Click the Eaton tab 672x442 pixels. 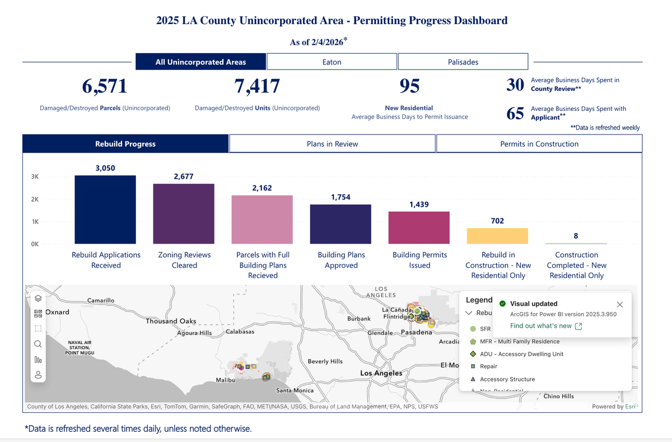[332, 62]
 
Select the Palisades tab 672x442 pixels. [463, 62]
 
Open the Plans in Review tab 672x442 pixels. [332, 144]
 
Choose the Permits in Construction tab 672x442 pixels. [539, 144]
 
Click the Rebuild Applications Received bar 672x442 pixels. [105, 210]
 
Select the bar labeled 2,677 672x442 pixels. [184, 213]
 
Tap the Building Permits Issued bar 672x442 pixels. [419, 227]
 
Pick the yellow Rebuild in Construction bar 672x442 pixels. [497, 236]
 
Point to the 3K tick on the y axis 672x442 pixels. [35, 176]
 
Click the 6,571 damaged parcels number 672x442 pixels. [105, 86]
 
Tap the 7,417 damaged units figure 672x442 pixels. [257, 86]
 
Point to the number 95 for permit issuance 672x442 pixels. [409, 86]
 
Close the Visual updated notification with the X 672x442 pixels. [619, 304]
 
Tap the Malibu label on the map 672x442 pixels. [225, 381]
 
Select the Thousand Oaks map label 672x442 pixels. [171, 322]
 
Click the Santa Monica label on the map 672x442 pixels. [295, 390]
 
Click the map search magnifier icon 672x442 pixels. [38, 344]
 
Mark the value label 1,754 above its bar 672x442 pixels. [341, 197]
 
